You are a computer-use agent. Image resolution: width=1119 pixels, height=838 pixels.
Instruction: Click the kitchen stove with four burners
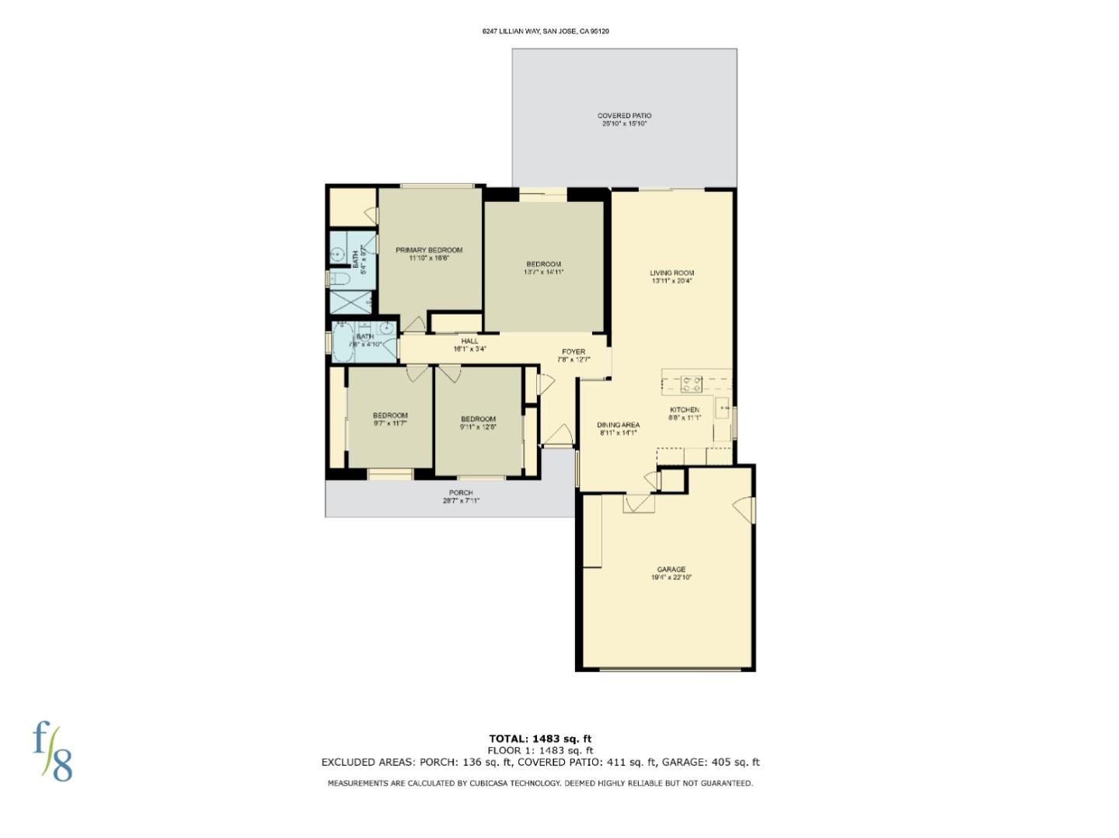click(x=692, y=384)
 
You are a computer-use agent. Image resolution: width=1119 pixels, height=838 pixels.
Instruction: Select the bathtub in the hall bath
click(x=343, y=343)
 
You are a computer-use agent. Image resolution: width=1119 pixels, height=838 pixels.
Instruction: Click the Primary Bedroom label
click(x=429, y=250)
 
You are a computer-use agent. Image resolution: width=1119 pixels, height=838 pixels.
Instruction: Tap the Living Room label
click(x=672, y=273)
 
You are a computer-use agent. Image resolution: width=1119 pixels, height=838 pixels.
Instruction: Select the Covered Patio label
click(x=624, y=116)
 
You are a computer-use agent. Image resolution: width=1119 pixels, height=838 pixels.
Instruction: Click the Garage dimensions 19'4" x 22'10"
click(x=671, y=578)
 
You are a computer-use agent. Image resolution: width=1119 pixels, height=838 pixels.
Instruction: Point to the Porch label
click(x=461, y=492)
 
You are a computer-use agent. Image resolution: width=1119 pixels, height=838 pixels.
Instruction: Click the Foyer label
click(x=573, y=352)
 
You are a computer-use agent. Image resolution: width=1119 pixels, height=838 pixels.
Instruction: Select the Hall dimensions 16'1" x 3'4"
click(x=469, y=349)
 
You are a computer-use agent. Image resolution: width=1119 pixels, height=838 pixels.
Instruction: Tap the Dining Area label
click(x=618, y=425)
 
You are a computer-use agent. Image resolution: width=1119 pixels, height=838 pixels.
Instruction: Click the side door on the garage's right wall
click(x=746, y=509)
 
